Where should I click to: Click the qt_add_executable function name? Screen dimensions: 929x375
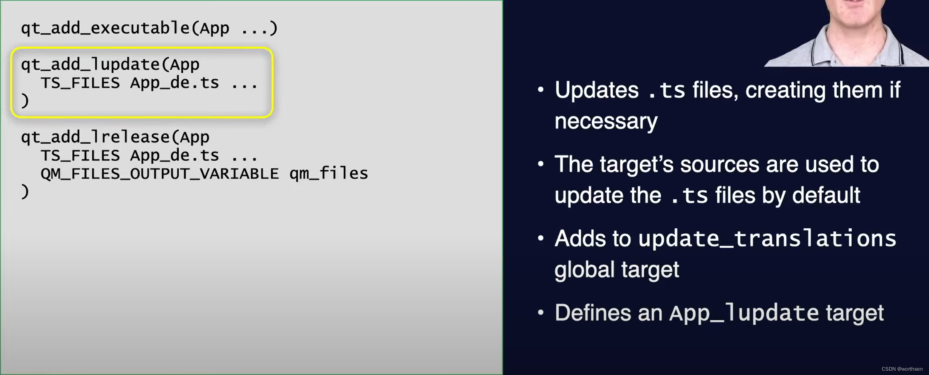(105, 28)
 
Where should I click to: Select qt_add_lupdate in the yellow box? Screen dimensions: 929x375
(90, 65)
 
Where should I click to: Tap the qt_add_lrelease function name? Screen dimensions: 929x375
(95, 137)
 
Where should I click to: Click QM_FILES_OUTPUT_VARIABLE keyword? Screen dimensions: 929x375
(160, 174)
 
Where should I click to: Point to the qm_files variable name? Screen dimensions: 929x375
(329, 173)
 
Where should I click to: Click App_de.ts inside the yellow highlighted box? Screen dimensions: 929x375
(174, 83)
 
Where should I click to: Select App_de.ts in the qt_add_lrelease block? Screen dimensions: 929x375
(174, 156)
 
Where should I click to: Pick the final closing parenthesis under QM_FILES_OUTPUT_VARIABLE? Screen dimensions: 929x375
(25, 192)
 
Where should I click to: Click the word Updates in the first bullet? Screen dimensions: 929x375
(596, 90)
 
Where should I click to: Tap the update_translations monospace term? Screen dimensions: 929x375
(767, 238)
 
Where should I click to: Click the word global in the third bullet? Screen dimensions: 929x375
(584, 269)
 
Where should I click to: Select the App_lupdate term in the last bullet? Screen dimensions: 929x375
(744, 313)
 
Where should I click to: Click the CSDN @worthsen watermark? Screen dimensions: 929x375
(902, 369)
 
